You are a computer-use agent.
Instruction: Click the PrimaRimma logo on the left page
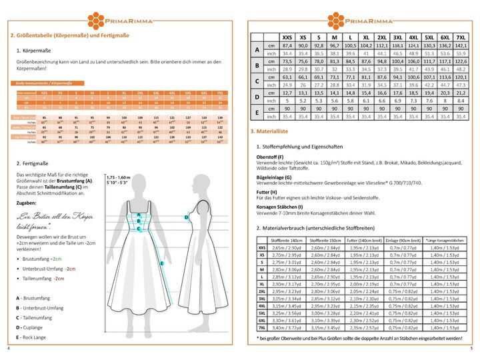click(121, 16)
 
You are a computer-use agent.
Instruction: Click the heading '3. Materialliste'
click(269, 131)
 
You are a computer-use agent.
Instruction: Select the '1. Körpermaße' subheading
click(34, 50)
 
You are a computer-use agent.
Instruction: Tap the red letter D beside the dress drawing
click(187, 217)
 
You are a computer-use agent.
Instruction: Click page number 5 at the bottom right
click(471, 349)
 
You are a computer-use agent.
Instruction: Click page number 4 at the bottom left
click(9, 349)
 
